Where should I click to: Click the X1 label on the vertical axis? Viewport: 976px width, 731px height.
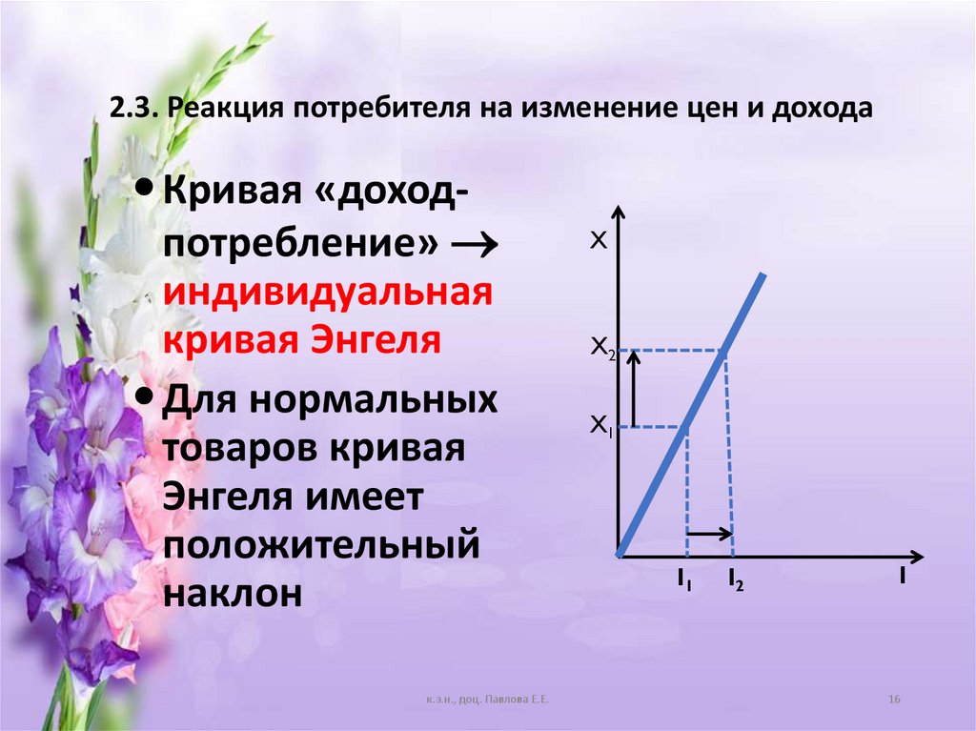pyautogui.click(x=601, y=425)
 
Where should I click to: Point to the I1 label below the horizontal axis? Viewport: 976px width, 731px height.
pyautogui.click(x=684, y=578)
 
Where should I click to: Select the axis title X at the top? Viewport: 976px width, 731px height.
pyautogui.click(x=598, y=241)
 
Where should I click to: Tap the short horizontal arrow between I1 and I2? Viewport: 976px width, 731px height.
pyautogui.click(x=710, y=533)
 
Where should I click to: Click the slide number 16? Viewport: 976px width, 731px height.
pyautogui.click(x=894, y=701)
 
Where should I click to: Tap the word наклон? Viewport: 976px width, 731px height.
pyautogui.click(x=234, y=593)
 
